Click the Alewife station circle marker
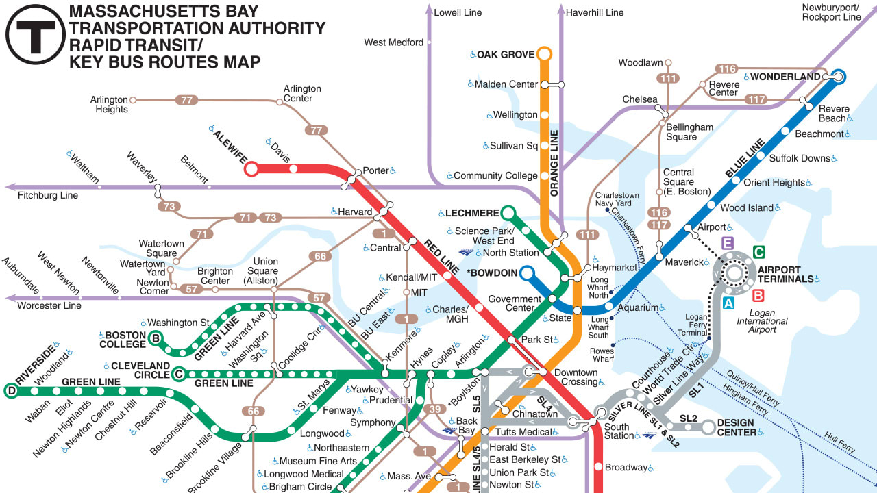(251, 168)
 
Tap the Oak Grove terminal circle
(545, 53)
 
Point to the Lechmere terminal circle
(508, 213)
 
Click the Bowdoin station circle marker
(526, 274)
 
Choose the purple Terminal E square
(728, 242)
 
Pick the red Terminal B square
(758, 296)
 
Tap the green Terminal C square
(758, 252)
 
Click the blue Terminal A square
(729, 302)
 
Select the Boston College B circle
(156, 337)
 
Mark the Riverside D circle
(11, 391)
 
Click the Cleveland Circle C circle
(179, 374)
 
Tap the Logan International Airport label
(762, 325)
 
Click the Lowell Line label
(458, 12)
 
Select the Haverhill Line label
(595, 12)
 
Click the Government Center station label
(515, 303)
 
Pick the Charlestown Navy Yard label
(613, 199)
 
